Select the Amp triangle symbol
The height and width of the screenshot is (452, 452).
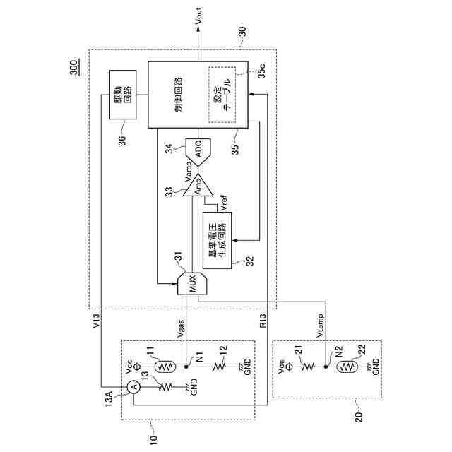[x=198, y=186]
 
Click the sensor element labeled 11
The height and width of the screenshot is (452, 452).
[x=164, y=367]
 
